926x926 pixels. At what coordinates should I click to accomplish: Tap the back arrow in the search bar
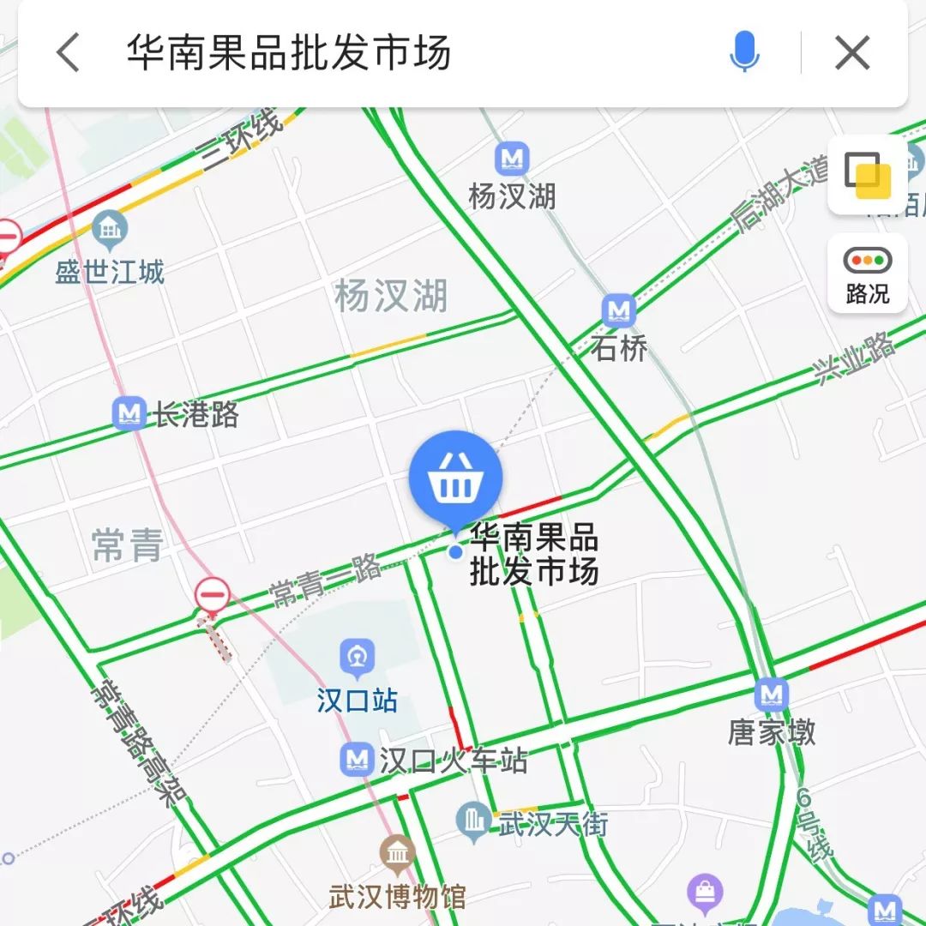tap(69, 53)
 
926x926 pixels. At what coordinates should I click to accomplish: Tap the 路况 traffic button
tap(867, 274)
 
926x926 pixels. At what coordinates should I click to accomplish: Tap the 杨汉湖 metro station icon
tap(513, 159)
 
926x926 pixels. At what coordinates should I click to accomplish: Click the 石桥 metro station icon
tap(617, 310)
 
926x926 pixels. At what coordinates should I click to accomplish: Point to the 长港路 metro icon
tap(129, 414)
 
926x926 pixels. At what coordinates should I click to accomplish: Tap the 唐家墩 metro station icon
tap(772, 694)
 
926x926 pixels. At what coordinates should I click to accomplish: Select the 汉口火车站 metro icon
tap(357, 760)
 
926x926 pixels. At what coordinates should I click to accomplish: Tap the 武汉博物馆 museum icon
tap(397, 853)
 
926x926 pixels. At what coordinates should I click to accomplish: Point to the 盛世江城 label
tap(110, 273)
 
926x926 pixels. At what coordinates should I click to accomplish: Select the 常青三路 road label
tap(325, 580)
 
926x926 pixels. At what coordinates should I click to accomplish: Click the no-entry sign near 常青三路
tap(212, 594)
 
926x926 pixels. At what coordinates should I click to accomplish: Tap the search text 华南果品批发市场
tap(289, 53)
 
